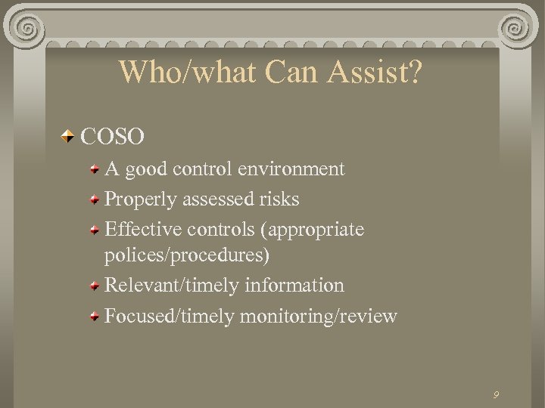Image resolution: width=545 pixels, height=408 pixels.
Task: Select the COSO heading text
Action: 112,137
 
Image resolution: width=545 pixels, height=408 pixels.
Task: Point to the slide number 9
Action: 495,394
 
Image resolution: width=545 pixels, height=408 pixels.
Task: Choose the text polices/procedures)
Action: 186,255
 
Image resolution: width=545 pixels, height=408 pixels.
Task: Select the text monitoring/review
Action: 318,315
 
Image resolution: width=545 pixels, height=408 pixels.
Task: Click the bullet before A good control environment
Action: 94,169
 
